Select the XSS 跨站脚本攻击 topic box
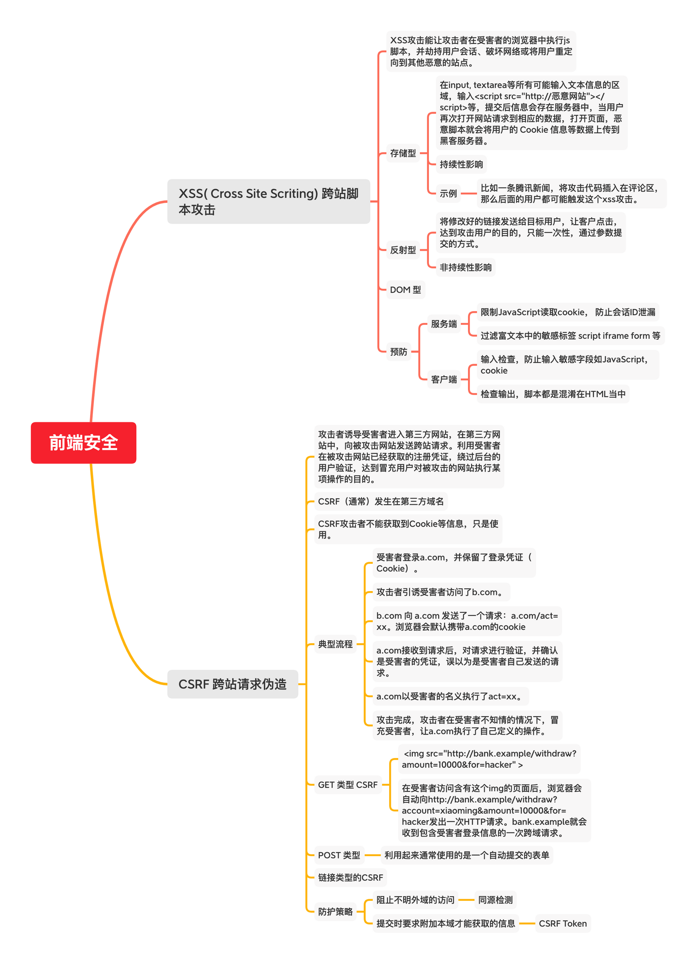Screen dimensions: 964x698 pos(268,201)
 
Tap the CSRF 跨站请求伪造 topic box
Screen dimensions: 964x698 pos(232,684)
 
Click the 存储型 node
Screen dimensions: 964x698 pos(403,153)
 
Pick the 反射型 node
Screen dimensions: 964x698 pos(403,250)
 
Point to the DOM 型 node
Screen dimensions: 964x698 pos(405,290)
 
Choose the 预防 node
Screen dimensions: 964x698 pos(399,352)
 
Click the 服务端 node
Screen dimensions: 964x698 pos(444,324)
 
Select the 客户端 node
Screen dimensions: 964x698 pos(444,379)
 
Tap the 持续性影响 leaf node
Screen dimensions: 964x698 pos(461,164)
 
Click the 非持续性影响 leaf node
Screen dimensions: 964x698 pos(465,267)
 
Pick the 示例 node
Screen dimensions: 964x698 pos(448,193)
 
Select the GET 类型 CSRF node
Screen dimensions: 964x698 pos(348,785)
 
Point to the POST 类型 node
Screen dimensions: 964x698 pos(339,855)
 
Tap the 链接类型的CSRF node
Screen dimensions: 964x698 pos(350,877)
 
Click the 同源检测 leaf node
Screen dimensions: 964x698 pos(495,900)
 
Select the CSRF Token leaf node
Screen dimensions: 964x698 pos(563,923)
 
